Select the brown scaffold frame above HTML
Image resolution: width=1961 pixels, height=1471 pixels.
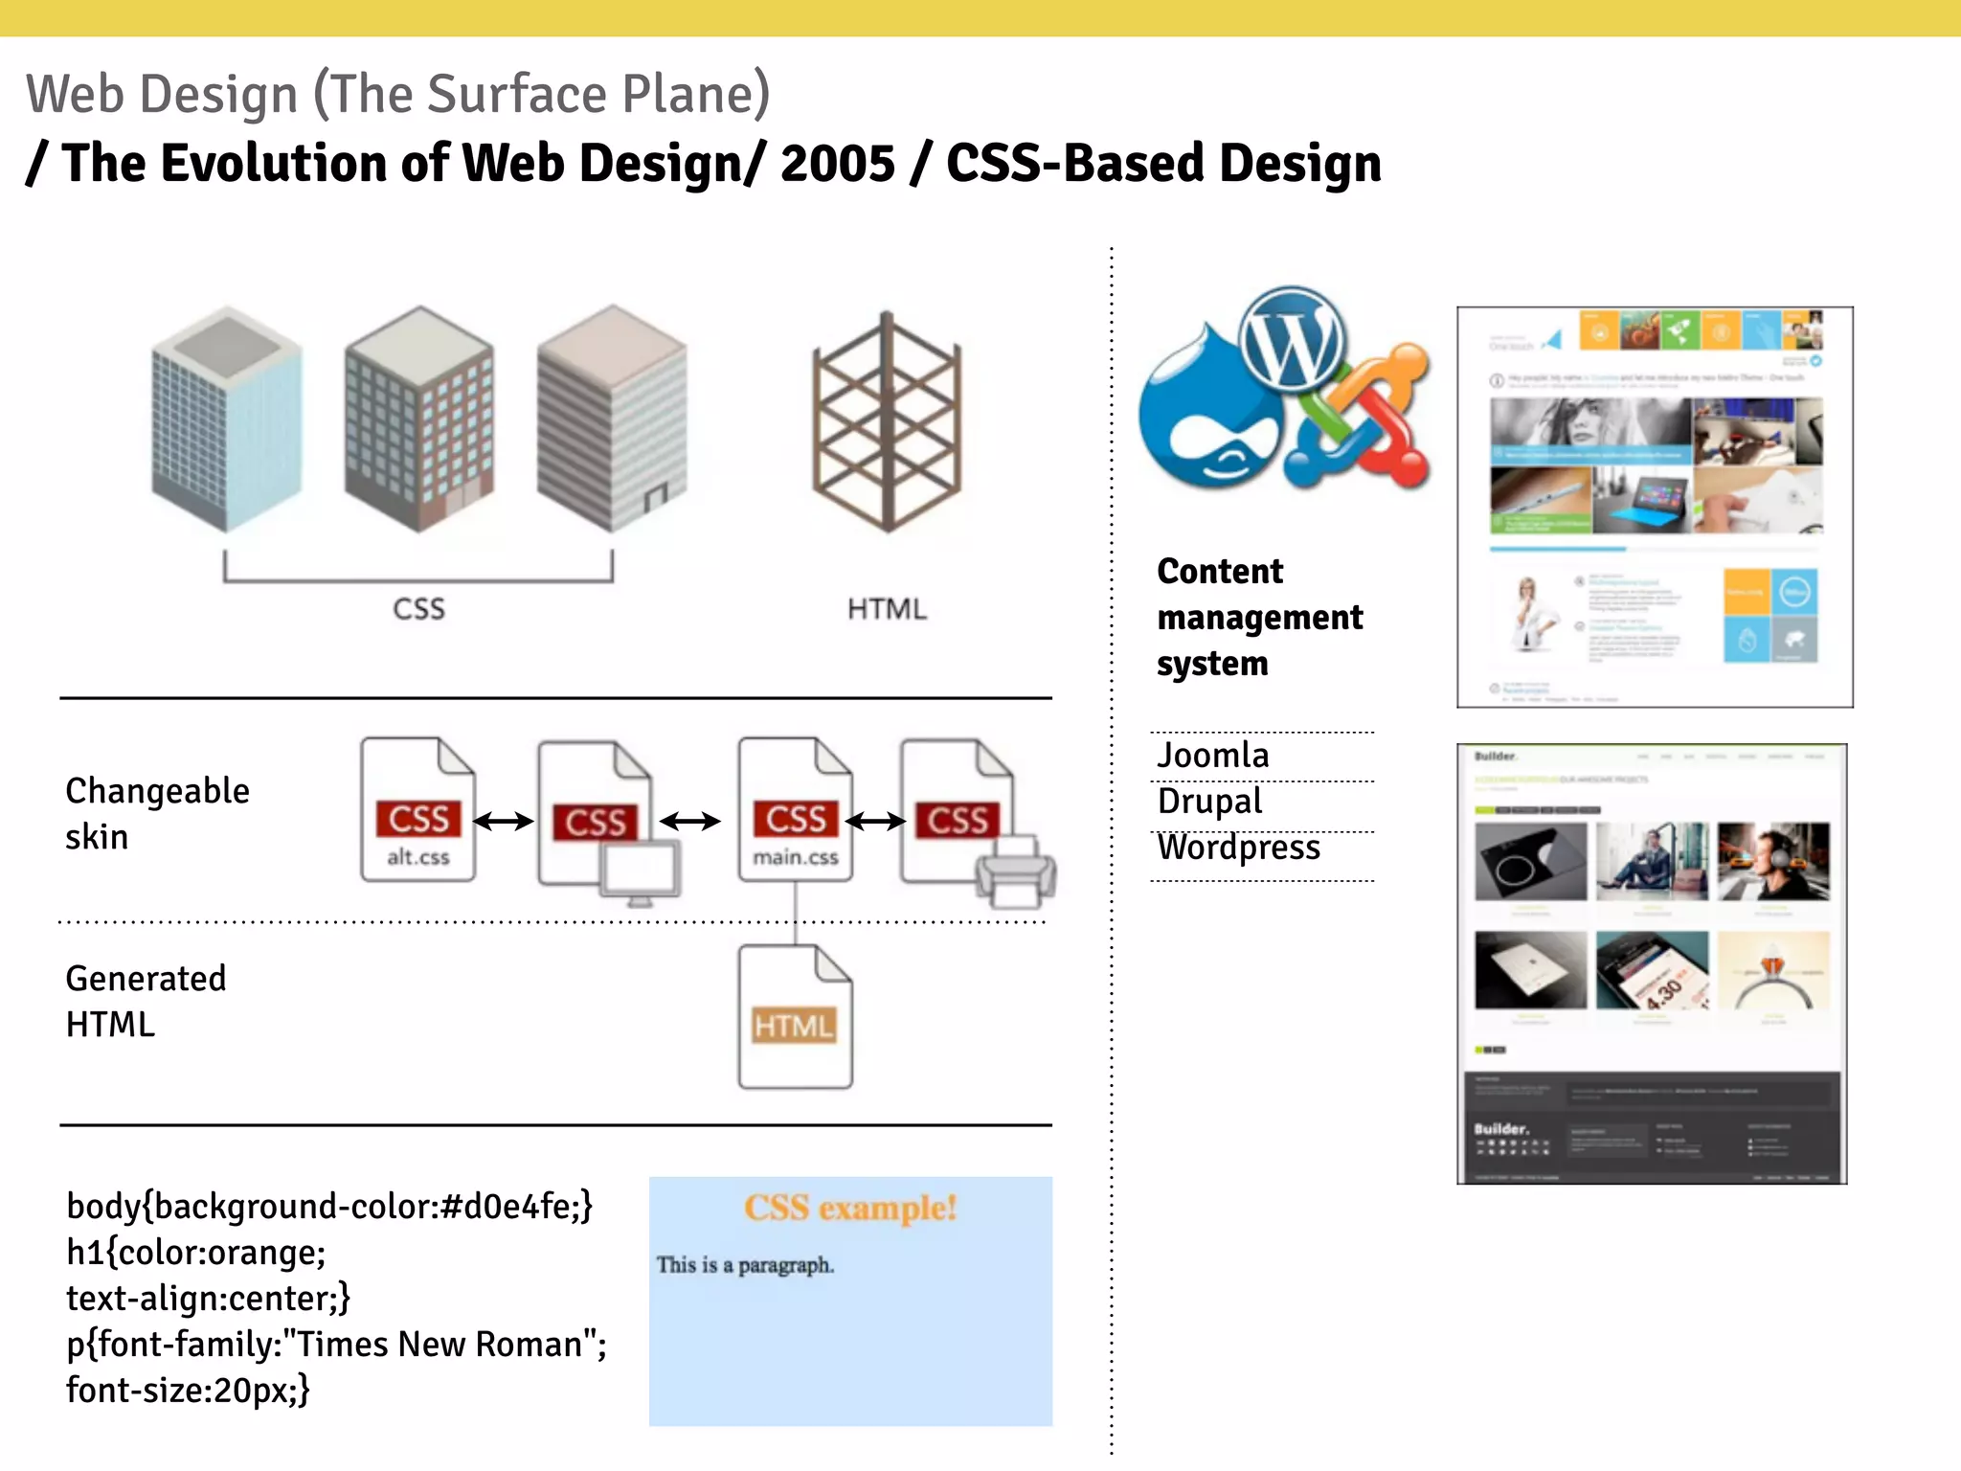(x=887, y=421)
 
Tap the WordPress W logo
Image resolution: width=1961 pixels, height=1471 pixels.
(x=1292, y=339)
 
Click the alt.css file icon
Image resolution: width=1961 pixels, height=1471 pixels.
(x=417, y=809)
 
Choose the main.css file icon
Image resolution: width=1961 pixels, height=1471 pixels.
(x=795, y=809)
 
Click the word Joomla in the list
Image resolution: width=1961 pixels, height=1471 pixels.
(x=1213, y=756)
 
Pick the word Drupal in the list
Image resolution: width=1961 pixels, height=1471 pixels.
(x=1210, y=802)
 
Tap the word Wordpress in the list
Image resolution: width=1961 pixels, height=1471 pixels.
(x=1239, y=848)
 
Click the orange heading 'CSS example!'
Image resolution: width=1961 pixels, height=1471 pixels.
(x=850, y=1209)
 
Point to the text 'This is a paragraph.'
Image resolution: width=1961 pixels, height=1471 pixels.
(x=745, y=1265)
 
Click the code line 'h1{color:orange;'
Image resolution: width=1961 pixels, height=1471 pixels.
(x=196, y=1253)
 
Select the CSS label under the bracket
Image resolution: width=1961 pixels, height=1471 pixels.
(x=418, y=609)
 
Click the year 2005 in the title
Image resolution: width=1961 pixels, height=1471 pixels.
(x=838, y=163)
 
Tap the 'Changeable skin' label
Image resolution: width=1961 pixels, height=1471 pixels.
(x=157, y=813)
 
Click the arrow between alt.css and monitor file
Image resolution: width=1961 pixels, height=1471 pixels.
(x=504, y=821)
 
